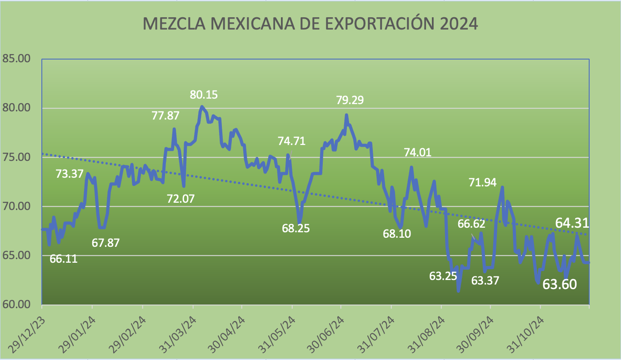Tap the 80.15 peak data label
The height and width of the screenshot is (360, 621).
pyautogui.click(x=204, y=95)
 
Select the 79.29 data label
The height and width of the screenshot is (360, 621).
pyautogui.click(x=350, y=100)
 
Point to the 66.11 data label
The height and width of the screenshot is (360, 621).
pyautogui.click(x=64, y=260)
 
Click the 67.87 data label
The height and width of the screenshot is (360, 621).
pyautogui.click(x=106, y=243)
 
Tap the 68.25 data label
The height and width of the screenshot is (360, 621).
pyautogui.click(x=295, y=228)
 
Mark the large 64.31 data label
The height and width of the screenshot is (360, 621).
pyautogui.click(x=572, y=223)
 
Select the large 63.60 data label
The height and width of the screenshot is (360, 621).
pyautogui.click(x=560, y=285)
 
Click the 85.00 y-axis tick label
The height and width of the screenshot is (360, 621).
pyautogui.click(x=16, y=59)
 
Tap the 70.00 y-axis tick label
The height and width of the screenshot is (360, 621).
pyautogui.click(x=16, y=206)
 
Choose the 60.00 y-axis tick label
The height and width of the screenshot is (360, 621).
pyautogui.click(x=16, y=304)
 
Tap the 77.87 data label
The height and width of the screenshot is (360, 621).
pyautogui.click(x=165, y=115)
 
